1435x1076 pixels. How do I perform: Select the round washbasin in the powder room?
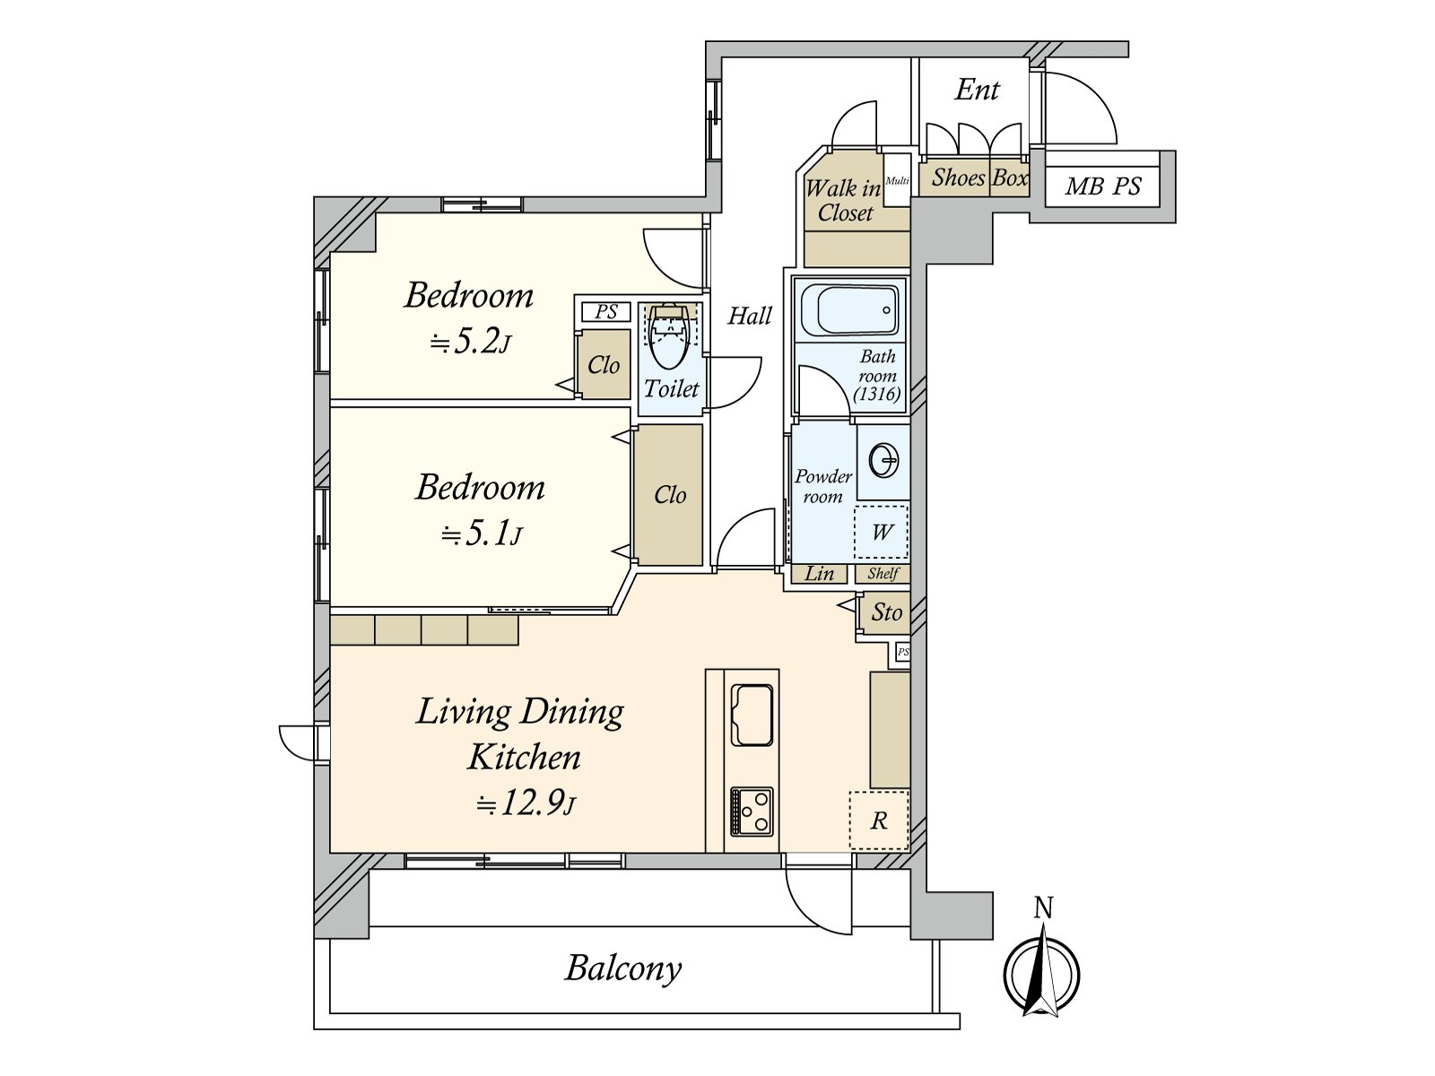click(x=883, y=460)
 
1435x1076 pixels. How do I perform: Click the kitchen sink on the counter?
click(x=752, y=715)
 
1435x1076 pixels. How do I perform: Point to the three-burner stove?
click(x=752, y=811)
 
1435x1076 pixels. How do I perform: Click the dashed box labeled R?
click(x=879, y=820)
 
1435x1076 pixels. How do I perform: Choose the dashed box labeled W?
click(x=881, y=532)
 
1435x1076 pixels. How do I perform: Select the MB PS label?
click(x=1103, y=187)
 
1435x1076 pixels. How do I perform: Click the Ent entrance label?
click(x=977, y=90)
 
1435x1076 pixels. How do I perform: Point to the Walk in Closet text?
click(x=844, y=201)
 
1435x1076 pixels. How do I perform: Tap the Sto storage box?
click(x=886, y=612)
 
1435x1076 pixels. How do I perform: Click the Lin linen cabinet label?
click(x=819, y=574)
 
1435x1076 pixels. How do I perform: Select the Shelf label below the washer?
click(x=883, y=574)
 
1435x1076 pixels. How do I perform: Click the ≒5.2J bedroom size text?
click(x=469, y=342)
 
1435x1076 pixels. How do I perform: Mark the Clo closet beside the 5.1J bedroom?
click(x=669, y=495)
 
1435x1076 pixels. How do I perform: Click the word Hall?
click(x=749, y=317)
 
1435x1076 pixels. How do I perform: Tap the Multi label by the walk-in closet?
click(x=897, y=181)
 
